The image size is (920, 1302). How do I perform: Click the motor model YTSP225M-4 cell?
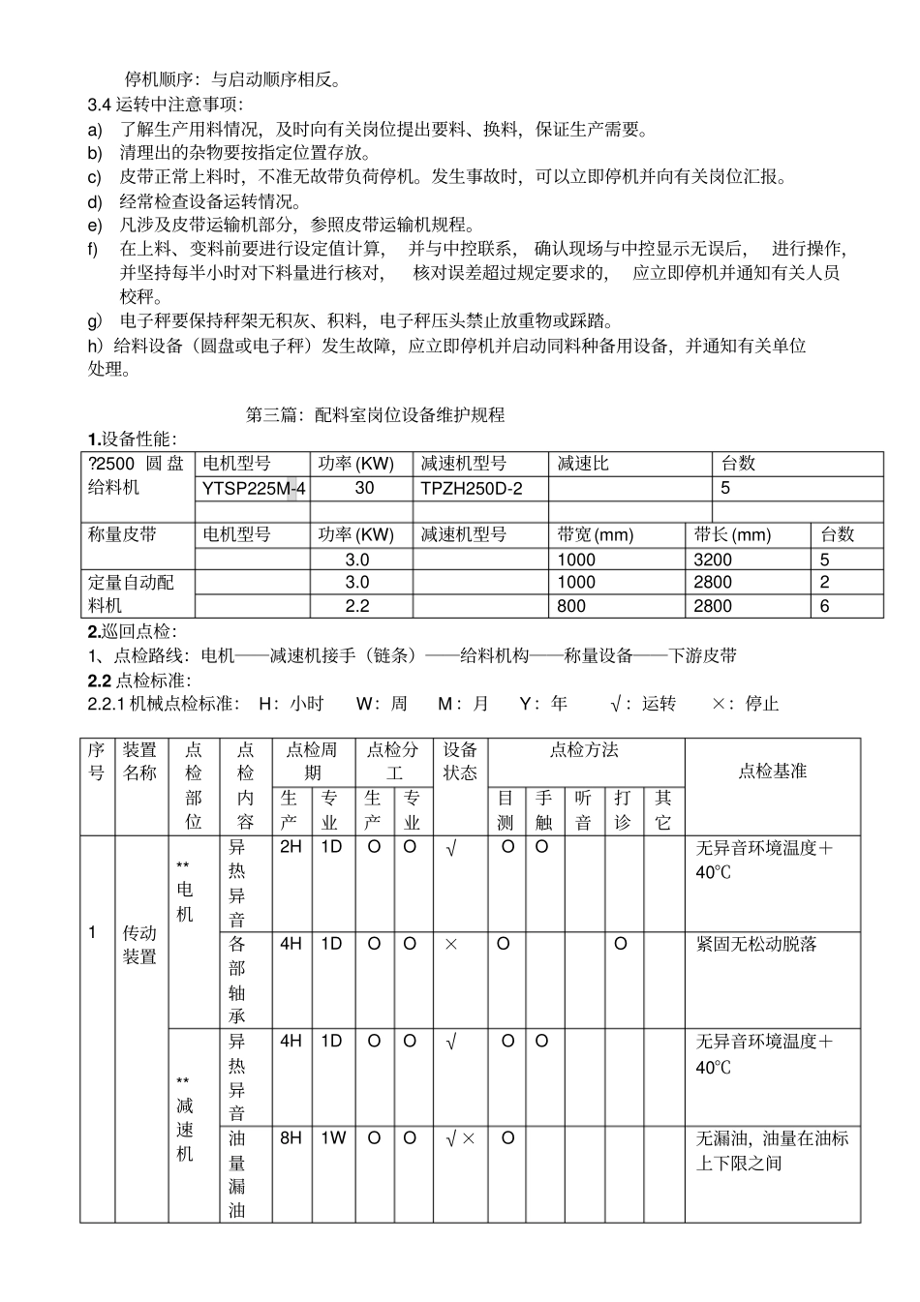pyautogui.click(x=254, y=489)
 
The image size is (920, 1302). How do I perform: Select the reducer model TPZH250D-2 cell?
pyautogui.click(x=471, y=489)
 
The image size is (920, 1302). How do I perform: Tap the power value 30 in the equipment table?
pyautogui.click(x=364, y=488)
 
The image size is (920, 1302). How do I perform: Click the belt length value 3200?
pyautogui.click(x=713, y=560)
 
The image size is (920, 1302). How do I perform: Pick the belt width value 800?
pyautogui.click(x=571, y=606)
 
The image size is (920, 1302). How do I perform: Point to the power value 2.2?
pyautogui.click(x=357, y=606)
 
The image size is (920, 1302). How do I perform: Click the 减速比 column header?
pyautogui.click(x=583, y=464)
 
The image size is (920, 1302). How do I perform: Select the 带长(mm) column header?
pyautogui.click(x=732, y=534)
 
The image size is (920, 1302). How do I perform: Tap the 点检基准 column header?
pyautogui.click(x=772, y=772)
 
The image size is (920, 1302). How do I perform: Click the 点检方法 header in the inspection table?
pyautogui.click(x=585, y=750)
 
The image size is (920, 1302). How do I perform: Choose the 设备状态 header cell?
pyautogui.click(x=460, y=761)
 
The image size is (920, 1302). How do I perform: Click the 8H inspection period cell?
pyautogui.click(x=291, y=1138)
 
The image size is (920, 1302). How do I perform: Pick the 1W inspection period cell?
pyautogui.click(x=332, y=1138)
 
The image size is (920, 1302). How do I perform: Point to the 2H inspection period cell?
pyautogui.click(x=291, y=848)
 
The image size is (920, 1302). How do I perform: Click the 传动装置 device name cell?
pyautogui.click(x=140, y=945)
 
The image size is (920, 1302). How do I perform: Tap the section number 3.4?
pyautogui.click(x=100, y=105)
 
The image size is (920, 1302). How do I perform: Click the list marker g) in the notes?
pyautogui.click(x=95, y=320)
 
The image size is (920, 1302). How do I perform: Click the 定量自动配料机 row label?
pyautogui.click(x=132, y=593)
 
